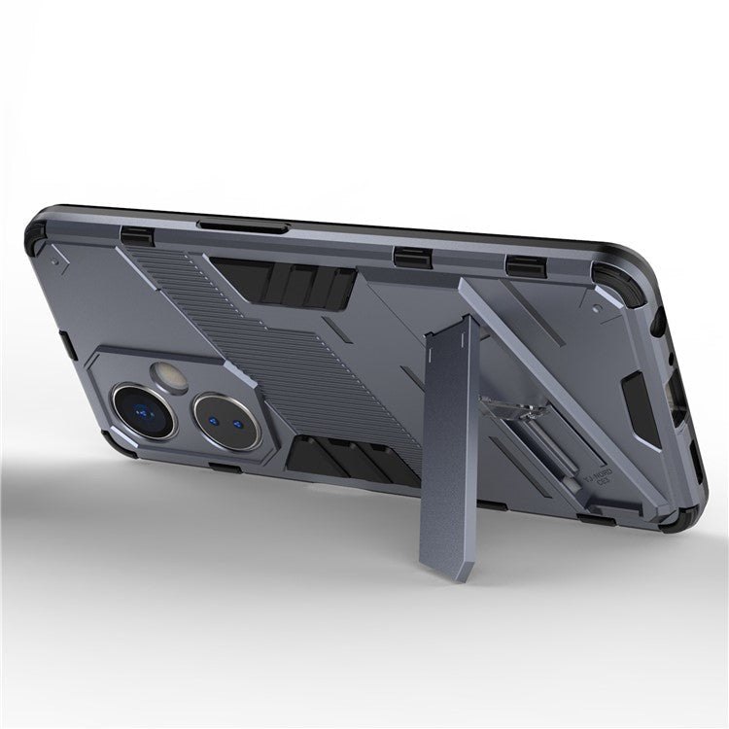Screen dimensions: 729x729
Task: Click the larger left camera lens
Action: click(143, 405)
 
